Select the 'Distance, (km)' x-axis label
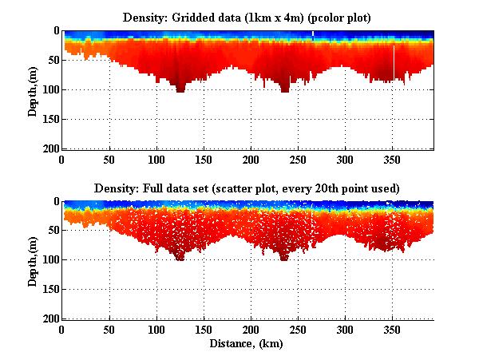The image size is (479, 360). pyautogui.click(x=247, y=344)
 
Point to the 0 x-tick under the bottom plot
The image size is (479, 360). pyautogui.click(x=62, y=330)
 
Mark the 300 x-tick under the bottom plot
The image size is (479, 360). pyautogui.click(x=345, y=330)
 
